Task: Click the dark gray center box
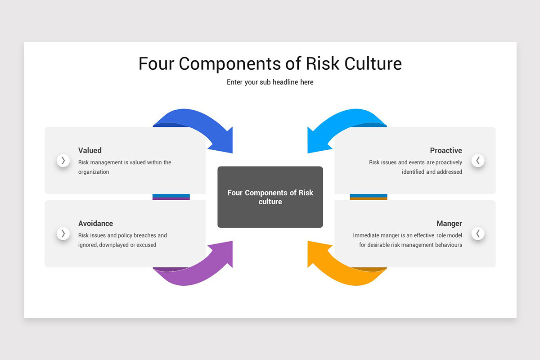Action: coord(270,197)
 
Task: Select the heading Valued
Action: coord(90,150)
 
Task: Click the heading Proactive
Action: coord(446,150)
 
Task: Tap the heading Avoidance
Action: coord(95,223)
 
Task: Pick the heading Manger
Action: coord(449,224)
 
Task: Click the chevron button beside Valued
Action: coord(63,161)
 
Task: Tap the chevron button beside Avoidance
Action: coord(63,234)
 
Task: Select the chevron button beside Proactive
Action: coord(478,161)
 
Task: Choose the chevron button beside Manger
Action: coord(478,234)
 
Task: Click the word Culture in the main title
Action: coord(373,63)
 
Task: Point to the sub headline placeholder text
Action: coord(270,82)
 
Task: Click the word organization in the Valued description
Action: coord(94,172)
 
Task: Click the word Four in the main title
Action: coord(156,63)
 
